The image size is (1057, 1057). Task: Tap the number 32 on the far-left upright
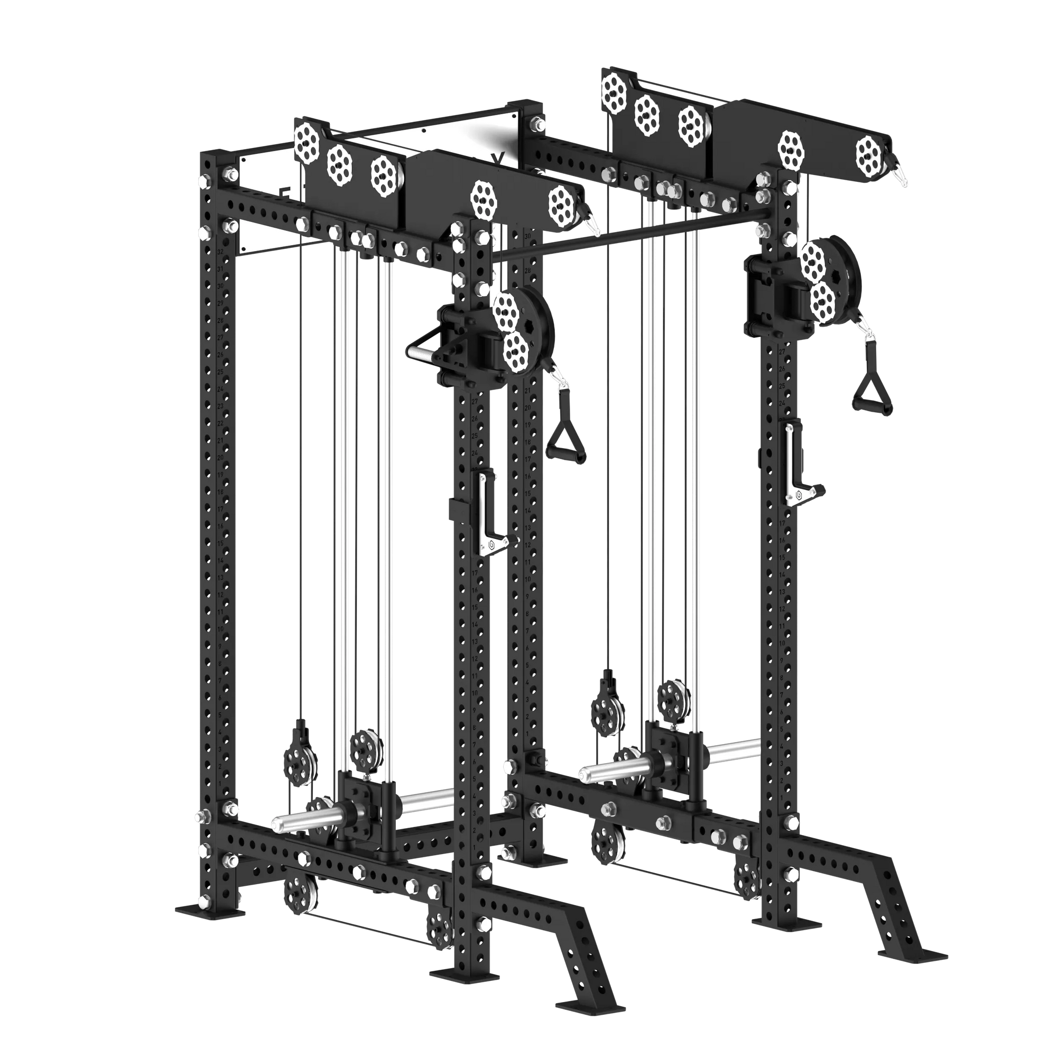click(x=220, y=252)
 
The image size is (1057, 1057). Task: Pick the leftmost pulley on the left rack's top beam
click(x=308, y=142)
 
